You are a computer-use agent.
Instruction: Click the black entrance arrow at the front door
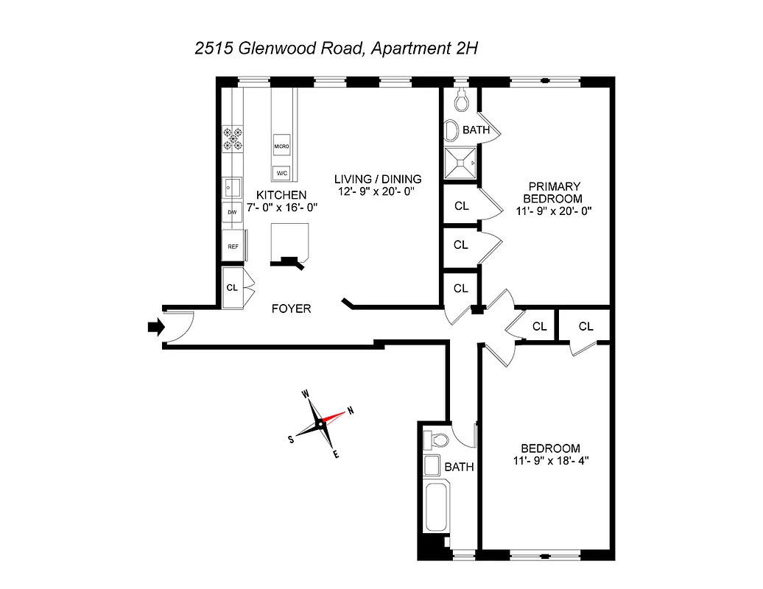pos(154,327)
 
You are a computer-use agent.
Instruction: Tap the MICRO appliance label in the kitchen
pos(281,147)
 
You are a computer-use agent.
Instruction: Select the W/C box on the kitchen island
pos(281,173)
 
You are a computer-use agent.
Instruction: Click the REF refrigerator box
pos(233,247)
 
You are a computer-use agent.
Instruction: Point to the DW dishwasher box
pos(232,212)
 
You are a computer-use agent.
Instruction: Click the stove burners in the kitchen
pos(233,137)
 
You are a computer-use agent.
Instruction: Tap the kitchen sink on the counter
pos(233,187)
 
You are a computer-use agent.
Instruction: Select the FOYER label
pos(291,308)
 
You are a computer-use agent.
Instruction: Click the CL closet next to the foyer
pos(232,287)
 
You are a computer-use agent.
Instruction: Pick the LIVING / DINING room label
pos(377,179)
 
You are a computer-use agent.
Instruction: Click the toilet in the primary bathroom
pos(461,98)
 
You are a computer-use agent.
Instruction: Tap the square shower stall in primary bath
pos(460,163)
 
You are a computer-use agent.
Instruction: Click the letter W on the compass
pos(305,394)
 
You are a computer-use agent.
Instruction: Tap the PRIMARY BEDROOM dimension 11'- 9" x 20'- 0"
pos(554,211)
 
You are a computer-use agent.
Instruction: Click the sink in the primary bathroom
pos(452,130)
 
